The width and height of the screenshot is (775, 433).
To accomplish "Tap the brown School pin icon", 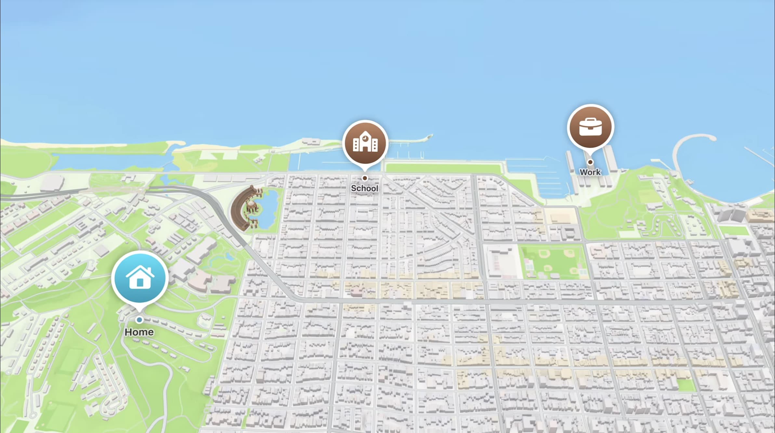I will point(365,143).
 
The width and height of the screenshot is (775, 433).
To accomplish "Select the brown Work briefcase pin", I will point(590,127).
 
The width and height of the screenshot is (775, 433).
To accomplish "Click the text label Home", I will point(139,332).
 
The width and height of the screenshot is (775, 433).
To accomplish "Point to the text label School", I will point(364,188).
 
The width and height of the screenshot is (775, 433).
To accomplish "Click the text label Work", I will point(590,172).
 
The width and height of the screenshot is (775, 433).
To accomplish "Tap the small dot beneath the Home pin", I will point(139,320).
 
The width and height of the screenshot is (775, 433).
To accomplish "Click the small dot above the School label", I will point(365,178).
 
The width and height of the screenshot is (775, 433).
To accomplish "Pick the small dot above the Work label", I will point(590,162).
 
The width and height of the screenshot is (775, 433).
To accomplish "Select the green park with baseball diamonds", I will point(553,262).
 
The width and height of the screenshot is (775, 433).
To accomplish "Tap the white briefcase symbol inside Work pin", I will point(590,127).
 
